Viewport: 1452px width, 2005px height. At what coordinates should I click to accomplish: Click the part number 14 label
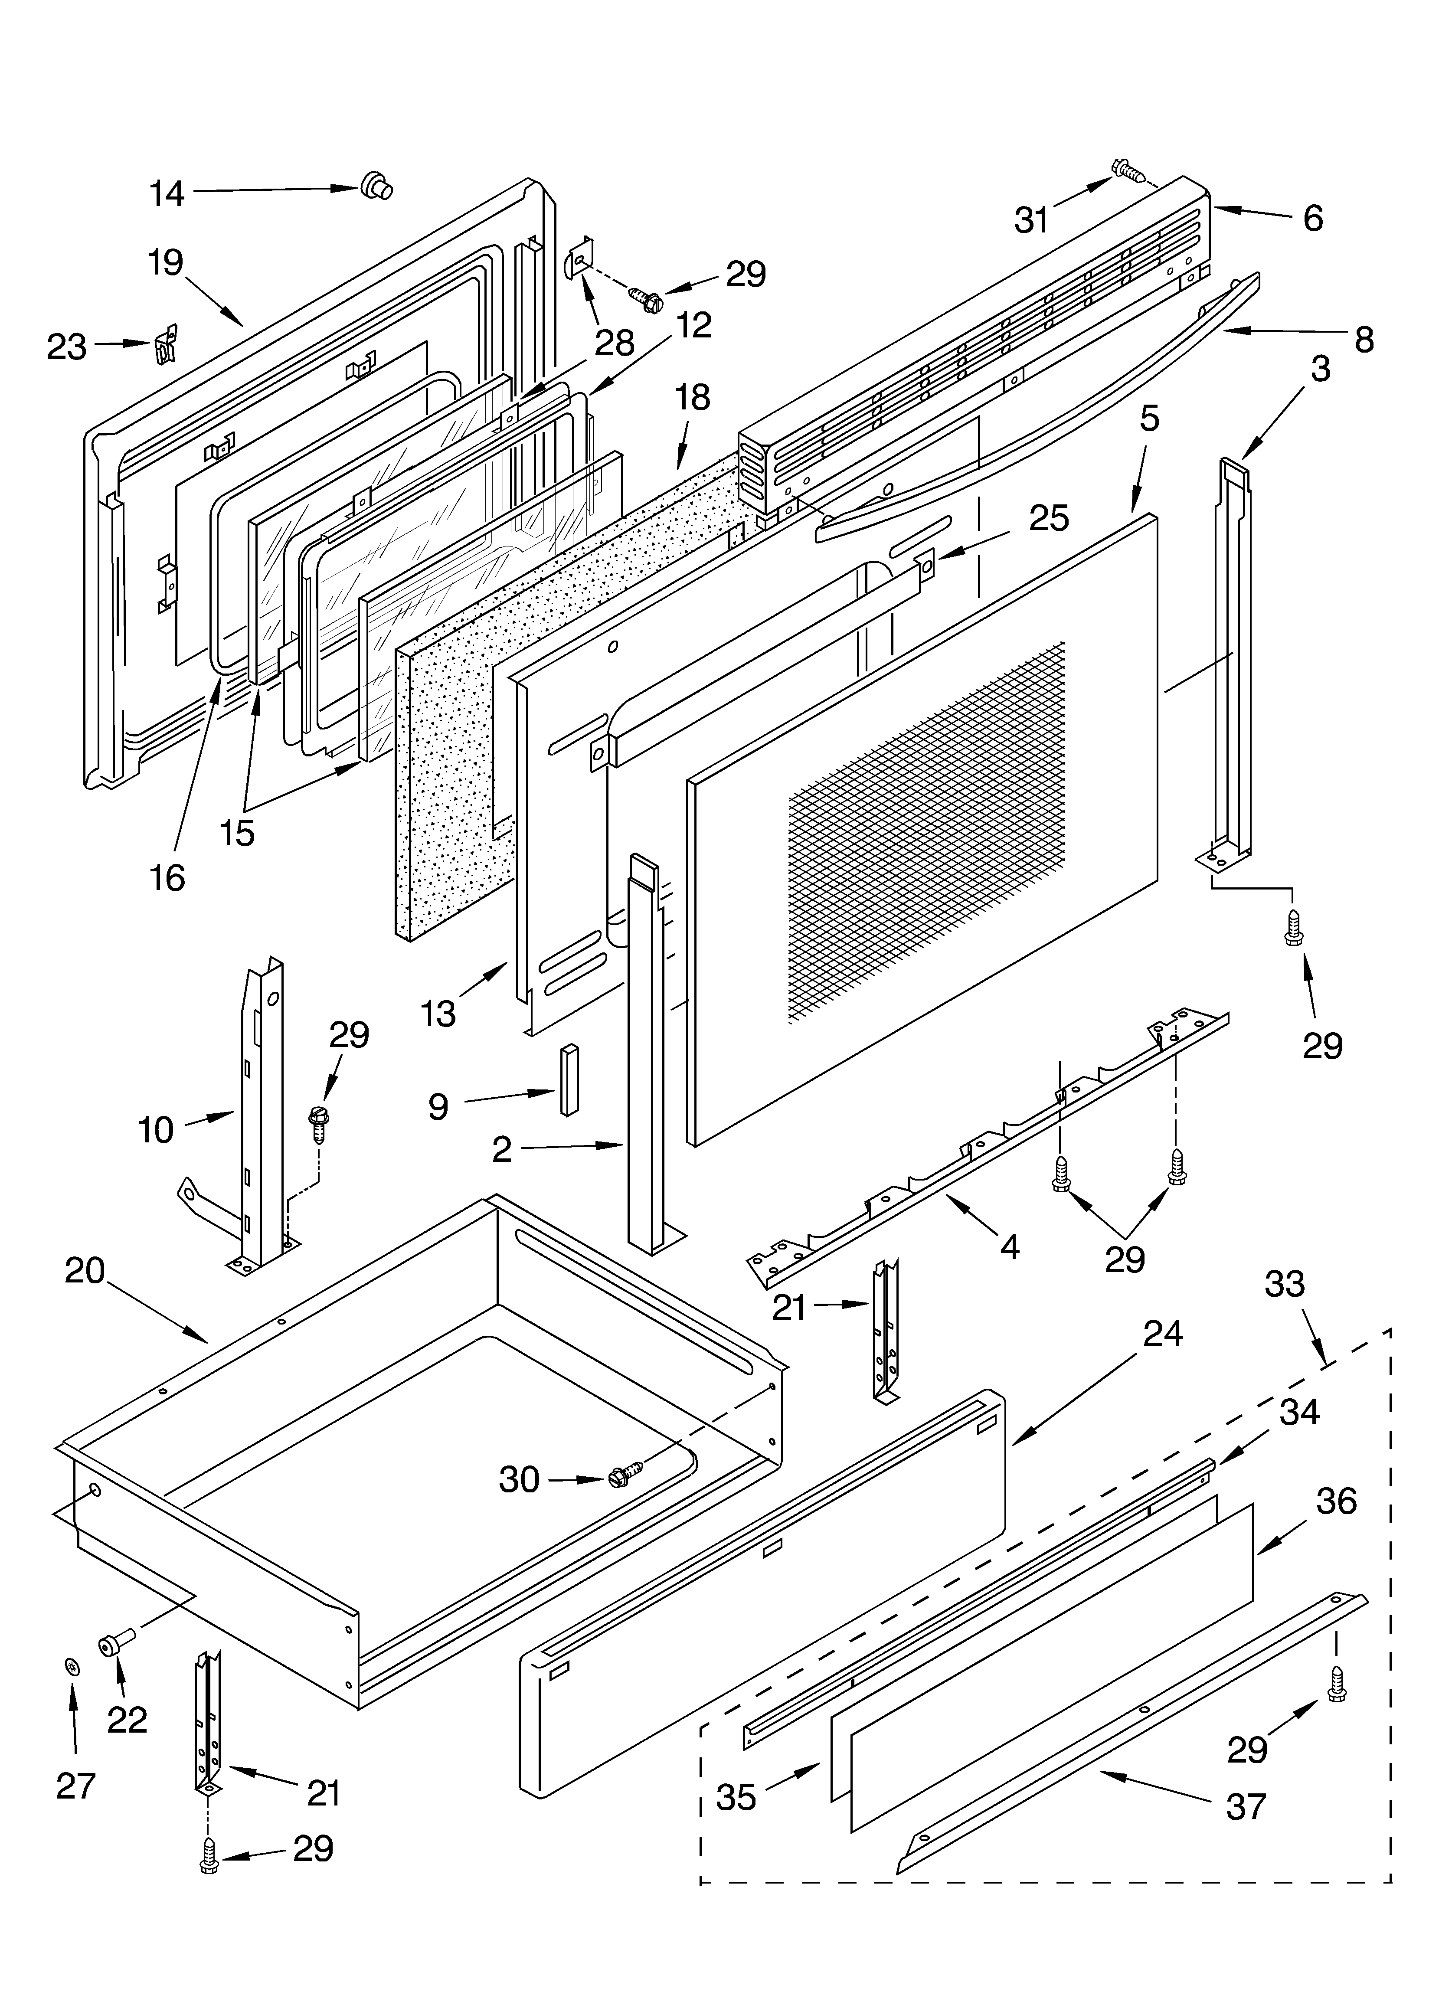pos(166,193)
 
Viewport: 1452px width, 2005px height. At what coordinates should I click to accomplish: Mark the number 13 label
pos(438,1014)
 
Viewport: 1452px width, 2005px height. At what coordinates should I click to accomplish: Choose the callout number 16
pos(167,878)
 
